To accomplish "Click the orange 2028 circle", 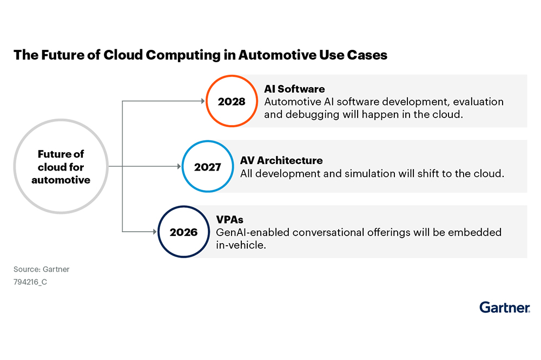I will pyautogui.click(x=232, y=101).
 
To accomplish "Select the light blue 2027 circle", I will pyautogui.click(x=208, y=167).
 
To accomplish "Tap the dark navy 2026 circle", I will pyautogui.click(x=183, y=232).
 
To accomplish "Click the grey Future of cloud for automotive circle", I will pyautogui.click(x=61, y=167).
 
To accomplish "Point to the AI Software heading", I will pyautogui.click(x=294, y=89).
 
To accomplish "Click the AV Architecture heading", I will pyautogui.click(x=281, y=160).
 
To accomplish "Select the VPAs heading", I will pyautogui.click(x=229, y=220).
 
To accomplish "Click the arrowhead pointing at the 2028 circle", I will pyautogui.click(x=203, y=101).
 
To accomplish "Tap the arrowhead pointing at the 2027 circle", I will pyautogui.click(x=179, y=167).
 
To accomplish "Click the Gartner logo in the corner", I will pyautogui.click(x=504, y=307).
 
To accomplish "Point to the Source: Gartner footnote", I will pyautogui.click(x=41, y=269).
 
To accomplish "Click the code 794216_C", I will pyautogui.click(x=30, y=282).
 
